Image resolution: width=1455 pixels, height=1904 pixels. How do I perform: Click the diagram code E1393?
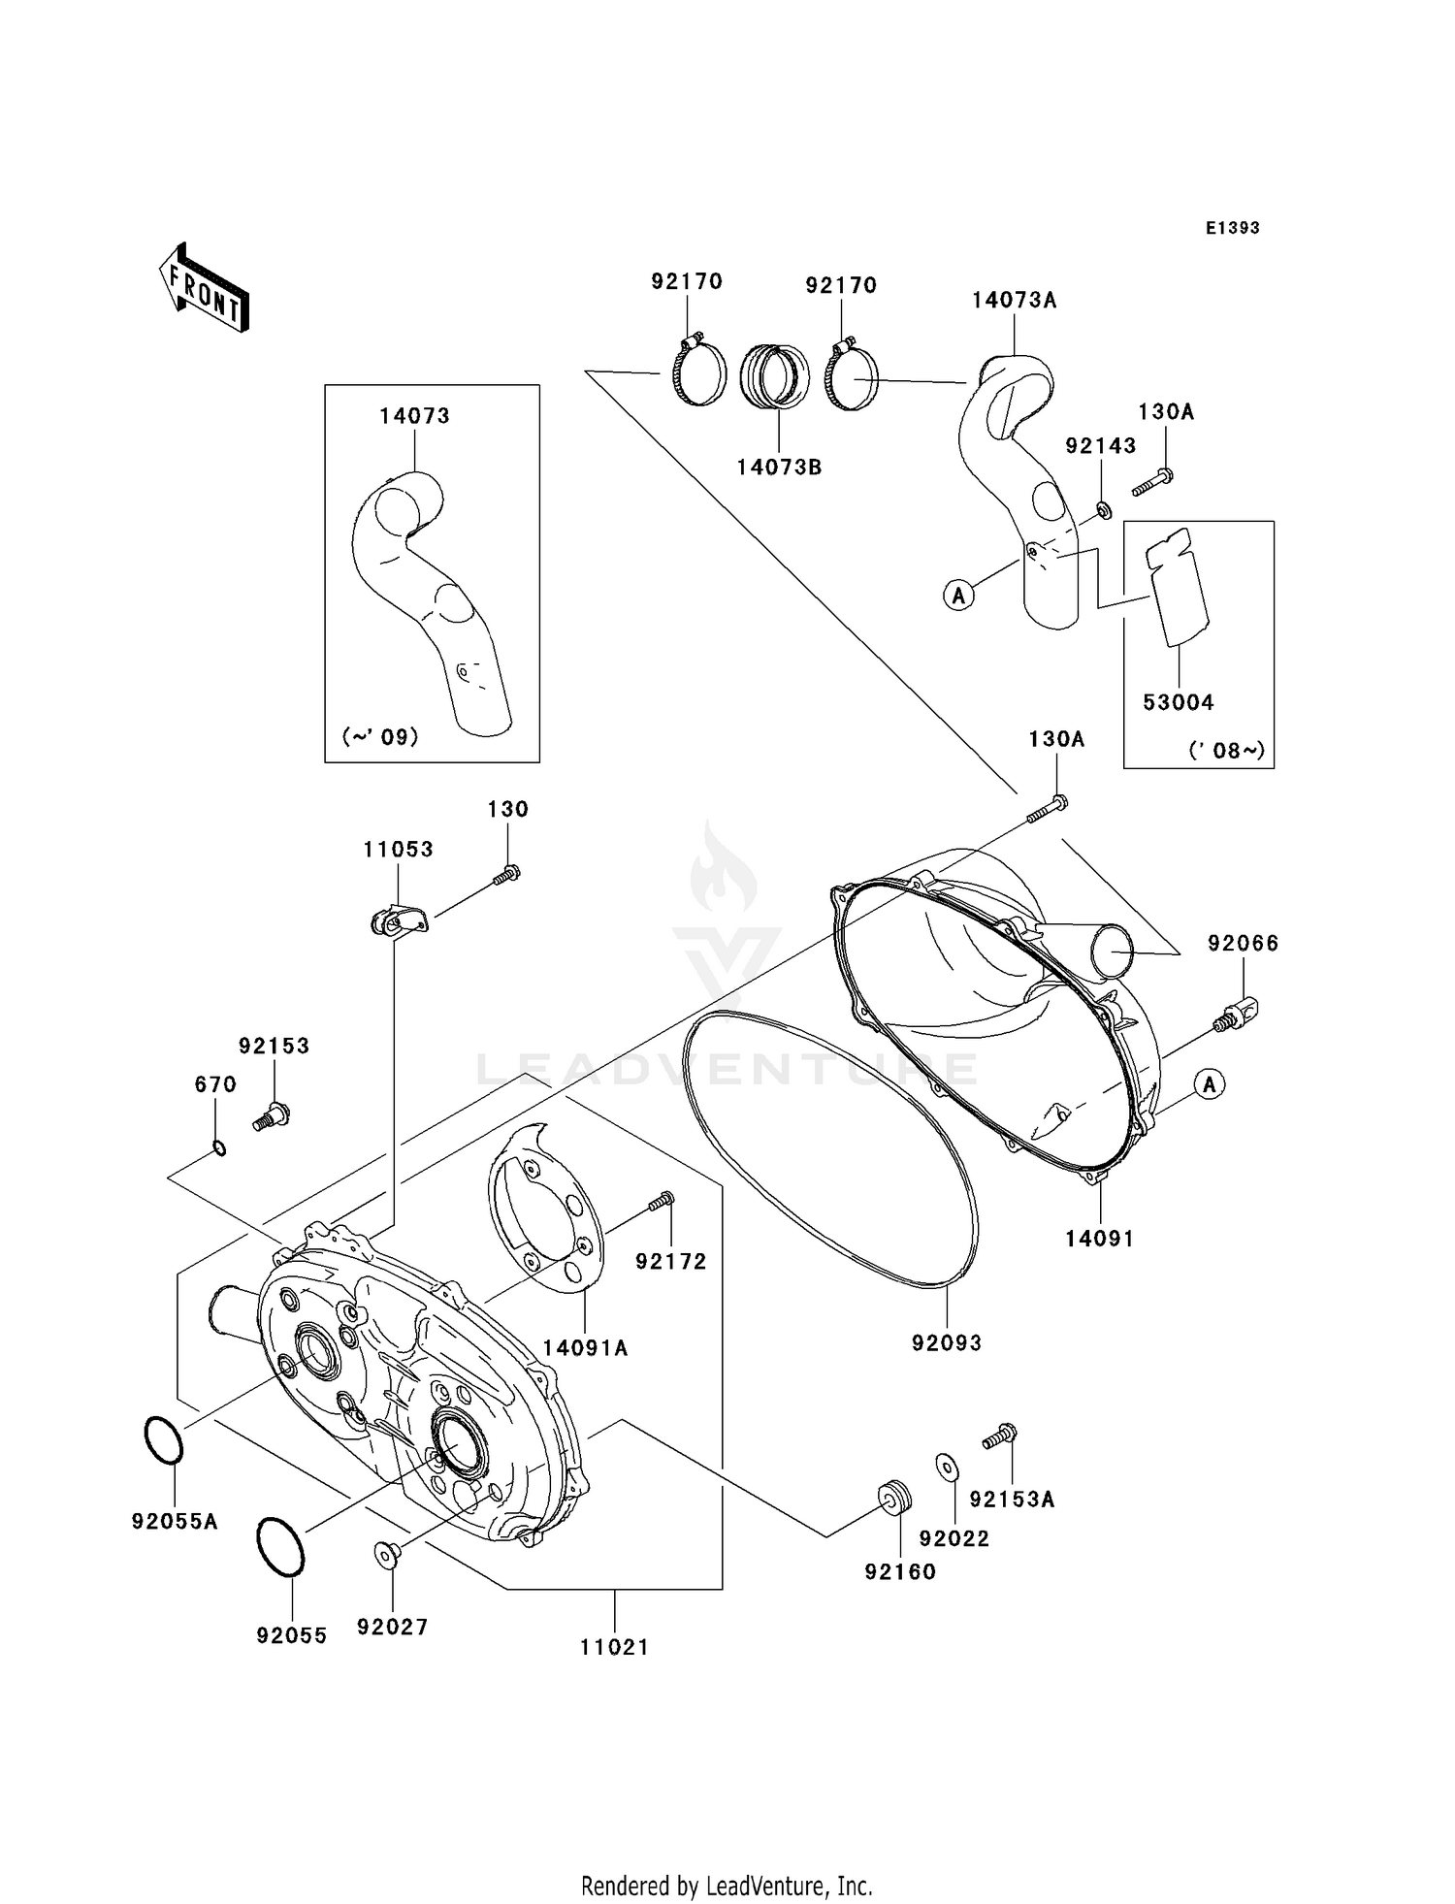(x=1232, y=228)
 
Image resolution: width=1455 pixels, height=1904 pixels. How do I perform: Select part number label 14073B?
(x=779, y=468)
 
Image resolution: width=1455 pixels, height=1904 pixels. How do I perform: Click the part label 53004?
(x=1178, y=702)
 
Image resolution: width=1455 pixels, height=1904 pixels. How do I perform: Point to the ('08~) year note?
(x=1226, y=750)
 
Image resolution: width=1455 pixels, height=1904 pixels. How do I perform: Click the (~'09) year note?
(x=380, y=737)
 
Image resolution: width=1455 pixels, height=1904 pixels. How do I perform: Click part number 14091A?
(x=585, y=1348)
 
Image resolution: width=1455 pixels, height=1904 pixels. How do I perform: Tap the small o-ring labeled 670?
(x=220, y=1149)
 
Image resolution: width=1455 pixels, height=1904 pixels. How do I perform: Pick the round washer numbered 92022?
(x=947, y=1468)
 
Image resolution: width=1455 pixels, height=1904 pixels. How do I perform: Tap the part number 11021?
(x=614, y=1647)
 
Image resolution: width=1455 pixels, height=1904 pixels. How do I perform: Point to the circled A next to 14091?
(x=1209, y=1084)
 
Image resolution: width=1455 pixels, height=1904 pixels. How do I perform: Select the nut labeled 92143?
(x=1104, y=509)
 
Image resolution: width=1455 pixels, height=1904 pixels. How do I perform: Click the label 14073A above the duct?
(x=1014, y=301)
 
